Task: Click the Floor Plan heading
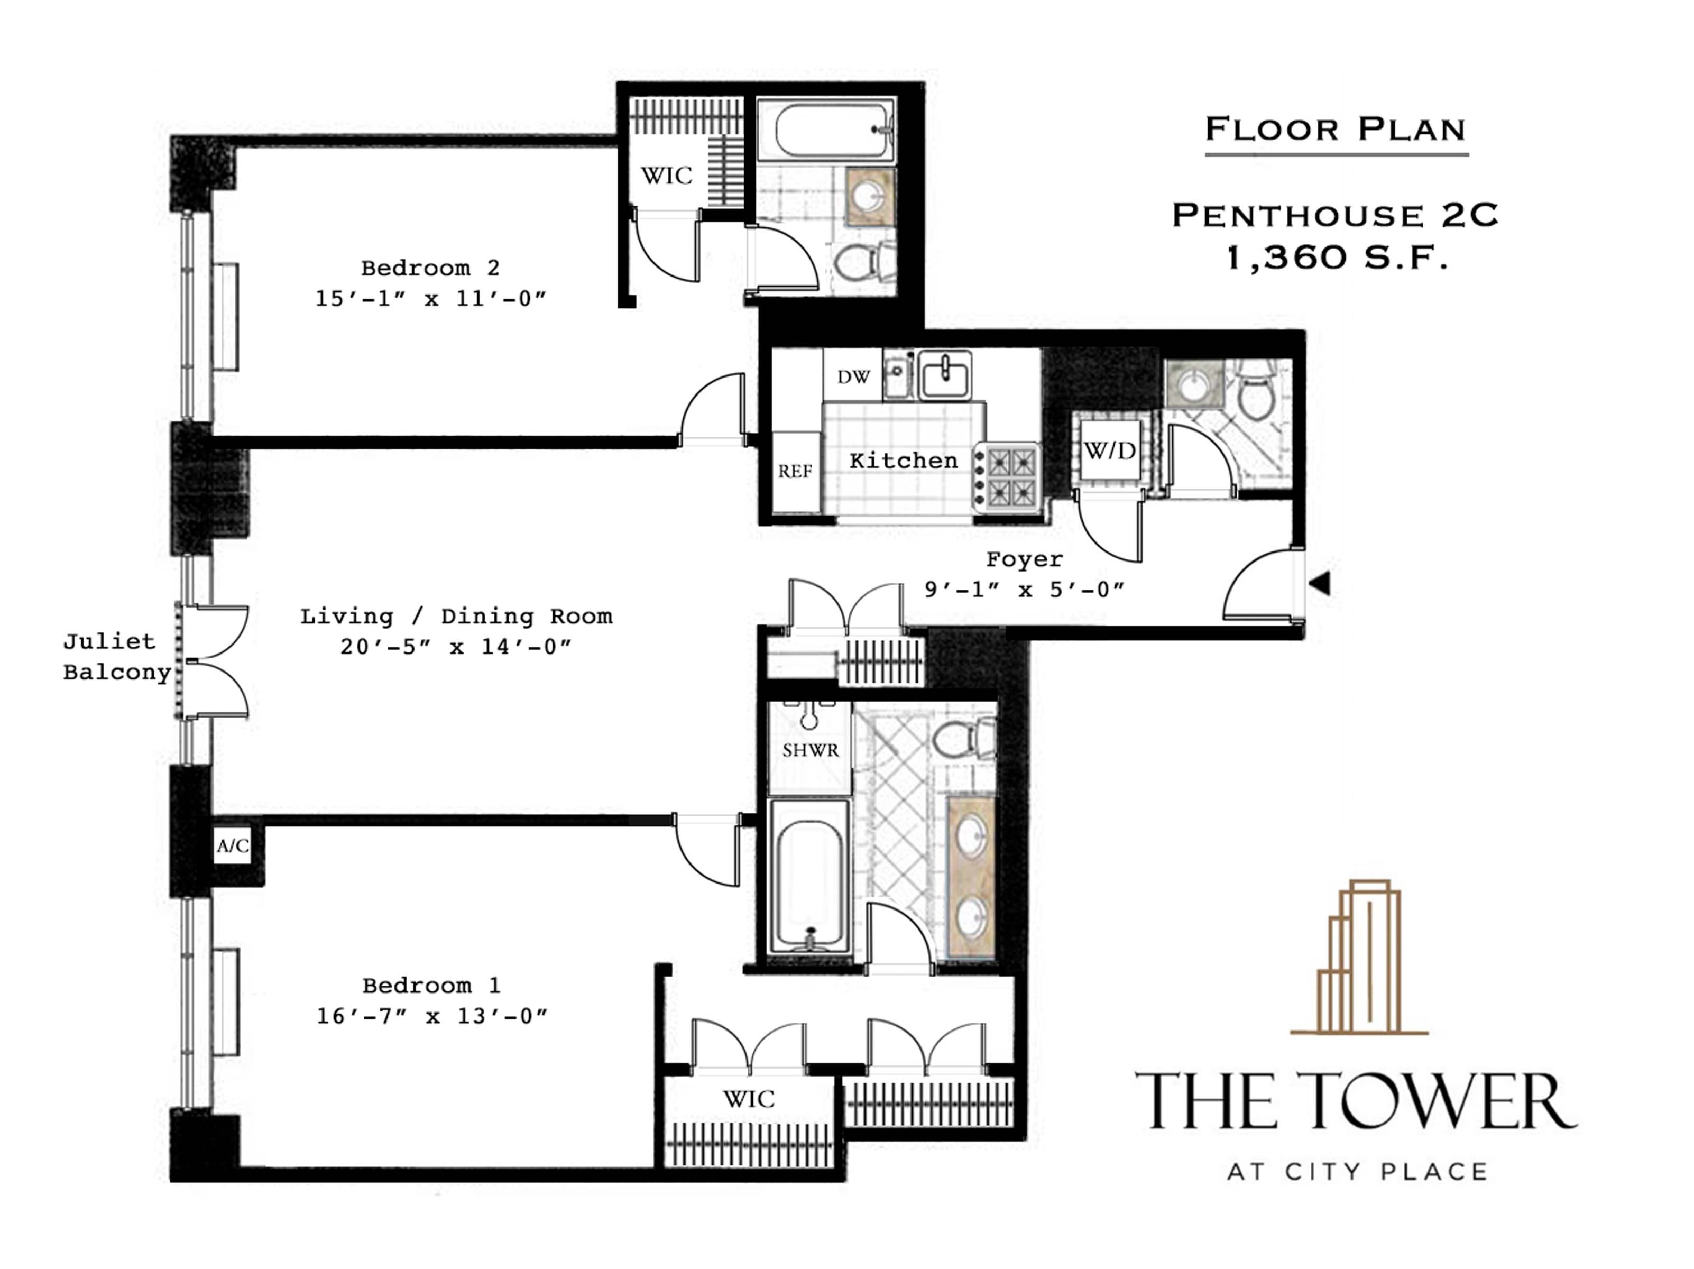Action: pyautogui.click(x=1336, y=130)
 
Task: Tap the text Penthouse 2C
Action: pyautogui.click(x=1336, y=215)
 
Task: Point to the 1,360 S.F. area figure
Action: pyautogui.click(x=1337, y=258)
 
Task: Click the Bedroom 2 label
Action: pyautogui.click(x=430, y=268)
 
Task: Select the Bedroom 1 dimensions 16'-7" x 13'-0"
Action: pyautogui.click(x=432, y=1016)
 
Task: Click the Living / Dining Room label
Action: pyautogui.click(x=456, y=617)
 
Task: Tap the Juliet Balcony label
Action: pyautogui.click(x=116, y=657)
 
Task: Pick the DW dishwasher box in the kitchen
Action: pyautogui.click(x=853, y=377)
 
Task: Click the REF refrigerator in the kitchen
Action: pyautogui.click(x=795, y=471)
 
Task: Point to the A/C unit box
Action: pyautogui.click(x=233, y=845)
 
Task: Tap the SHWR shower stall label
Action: pyautogui.click(x=810, y=750)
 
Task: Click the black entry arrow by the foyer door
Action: pyautogui.click(x=1320, y=584)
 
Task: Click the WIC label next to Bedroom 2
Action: pyautogui.click(x=666, y=176)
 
